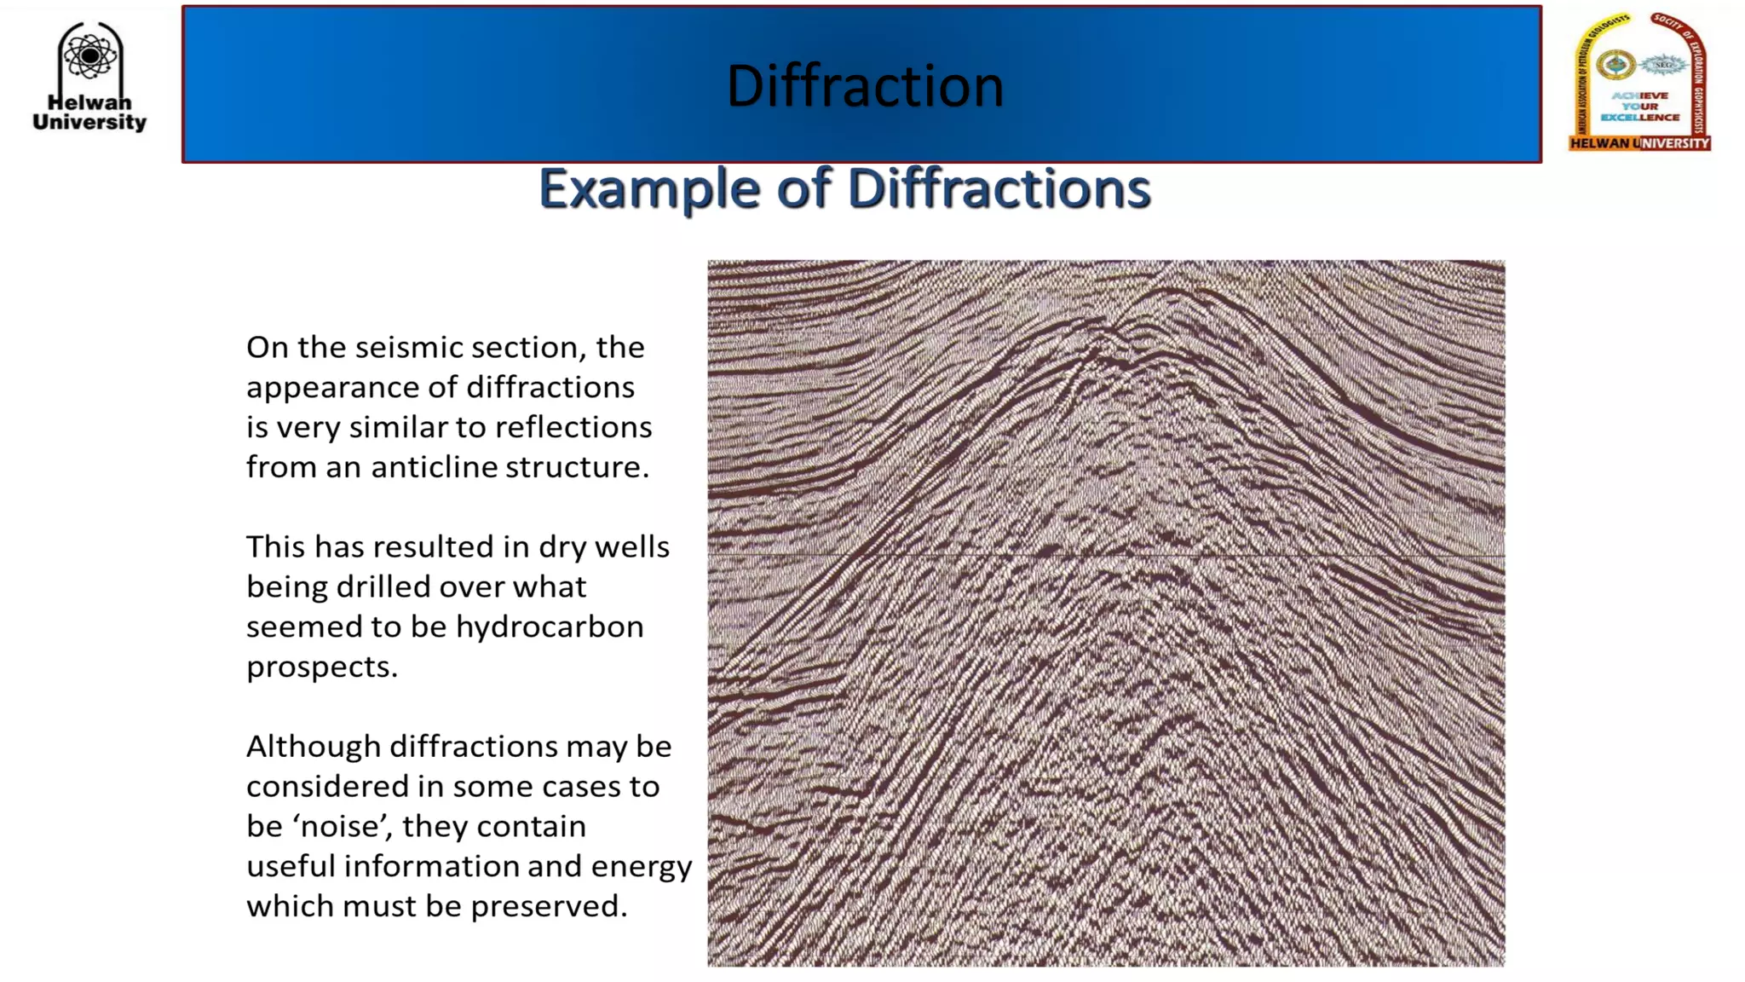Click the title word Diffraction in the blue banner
coord(865,85)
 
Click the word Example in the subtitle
coord(649,188)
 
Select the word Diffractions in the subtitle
coord(999,188)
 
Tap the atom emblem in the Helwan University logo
coord(89,56)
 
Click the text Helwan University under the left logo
coord(89,113)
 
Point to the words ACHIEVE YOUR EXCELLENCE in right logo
coord(1639,107)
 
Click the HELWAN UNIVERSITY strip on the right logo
coord(1639,143)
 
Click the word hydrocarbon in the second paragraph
coord(550,627)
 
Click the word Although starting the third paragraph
coord(313,747)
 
